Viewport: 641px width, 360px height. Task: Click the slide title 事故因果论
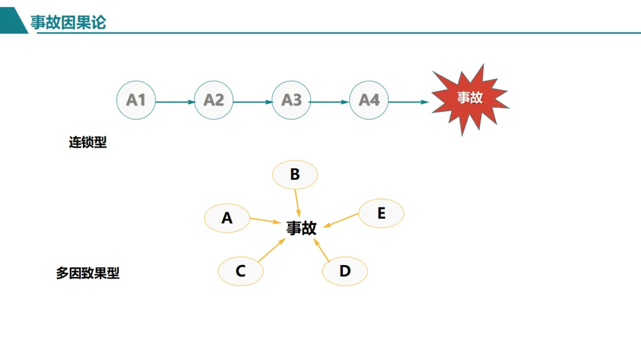(x=68, y=23)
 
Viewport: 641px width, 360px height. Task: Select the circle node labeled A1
(x=136, y=100)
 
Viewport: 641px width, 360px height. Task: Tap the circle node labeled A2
(x=214, y=100)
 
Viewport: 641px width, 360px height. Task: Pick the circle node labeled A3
(x=291, y=100)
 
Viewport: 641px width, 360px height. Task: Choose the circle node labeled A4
(x=369, y=100)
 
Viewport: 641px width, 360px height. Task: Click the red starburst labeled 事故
(x=469, y=98)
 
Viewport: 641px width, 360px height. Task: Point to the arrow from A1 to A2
(x=174, y=102)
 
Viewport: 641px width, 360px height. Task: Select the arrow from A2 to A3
(x=252, y=102)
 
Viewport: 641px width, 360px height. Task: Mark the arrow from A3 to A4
(x=330, y=102)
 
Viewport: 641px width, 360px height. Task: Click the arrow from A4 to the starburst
(x=408, y=102)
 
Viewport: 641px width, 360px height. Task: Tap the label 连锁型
(x=88, y=143)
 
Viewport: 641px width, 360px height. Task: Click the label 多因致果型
(x=88, y=273)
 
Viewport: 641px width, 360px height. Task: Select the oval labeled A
(x=227, y=218)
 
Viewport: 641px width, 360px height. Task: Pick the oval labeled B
(x=295, y=175)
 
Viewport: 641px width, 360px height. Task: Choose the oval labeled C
(x=240, y=271)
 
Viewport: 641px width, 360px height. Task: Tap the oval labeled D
(x=345, y=271)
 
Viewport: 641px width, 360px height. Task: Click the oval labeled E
(x=381, y=214)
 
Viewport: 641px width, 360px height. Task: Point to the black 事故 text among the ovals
(x=302, y=228)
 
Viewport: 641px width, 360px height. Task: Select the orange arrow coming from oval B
(x=298, y=203)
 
